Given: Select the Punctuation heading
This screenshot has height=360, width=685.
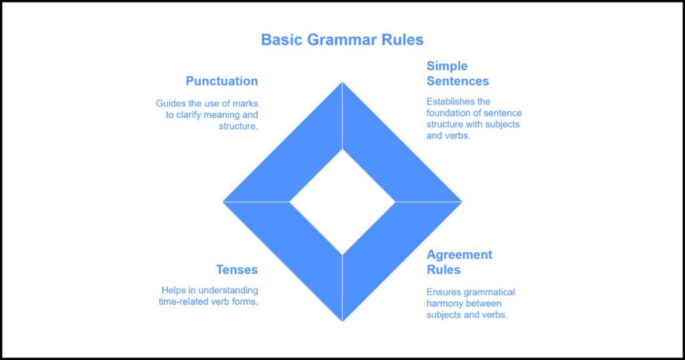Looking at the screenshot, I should pos(221,81).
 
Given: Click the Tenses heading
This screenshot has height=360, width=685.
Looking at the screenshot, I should pos(236,270).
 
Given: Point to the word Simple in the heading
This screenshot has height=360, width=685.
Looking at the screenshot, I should pos(447,66).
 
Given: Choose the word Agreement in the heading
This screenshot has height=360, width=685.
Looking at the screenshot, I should pos(459,254).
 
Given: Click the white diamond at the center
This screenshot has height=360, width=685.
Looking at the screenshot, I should pos(342,201).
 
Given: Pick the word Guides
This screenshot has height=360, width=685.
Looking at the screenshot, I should pos(171,104).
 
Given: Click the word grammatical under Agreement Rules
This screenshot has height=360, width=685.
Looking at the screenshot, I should pos(490,292).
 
